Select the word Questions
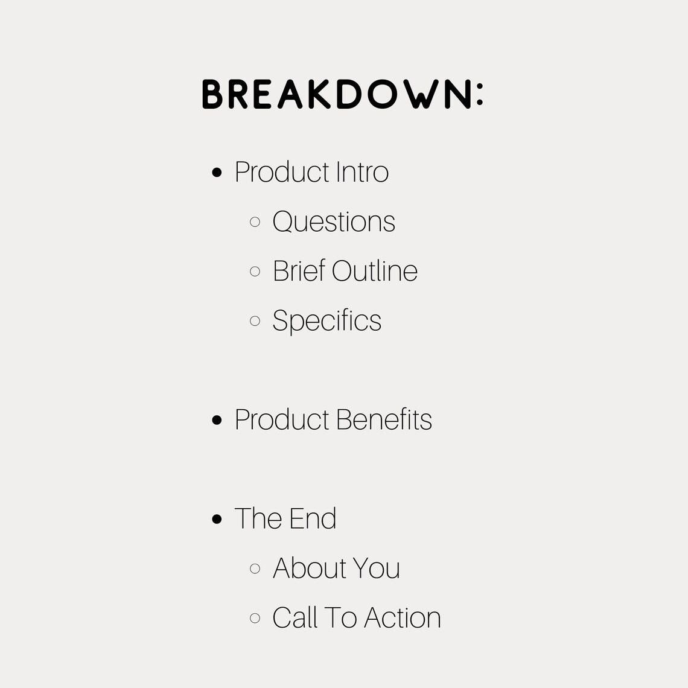click(x=334, y=222)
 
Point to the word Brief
click(x=299, y=271)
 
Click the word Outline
click(x=375, y=271)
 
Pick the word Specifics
click(x=326, y=321)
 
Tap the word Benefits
click(x=384, y=420)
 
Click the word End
click(x=311, y=519)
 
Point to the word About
click(x=310, y=569)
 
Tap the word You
click(x=377, y=569)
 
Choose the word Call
click(x=295, y=618)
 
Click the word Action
click(x=403, y=618)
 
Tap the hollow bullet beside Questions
click(x=255, y=222)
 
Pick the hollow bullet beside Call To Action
click(x=255, y=618)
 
